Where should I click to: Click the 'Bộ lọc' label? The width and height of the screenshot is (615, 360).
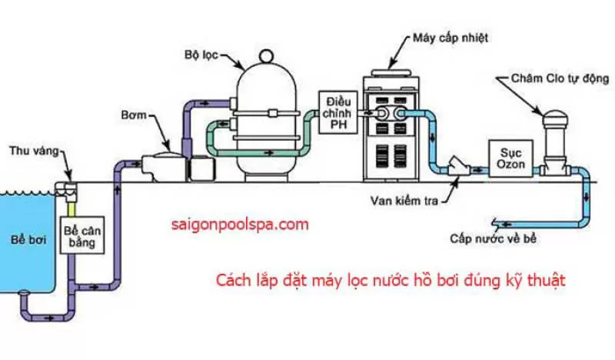(x=201, y=55)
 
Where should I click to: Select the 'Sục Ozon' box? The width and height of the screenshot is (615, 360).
(x=508, y=155)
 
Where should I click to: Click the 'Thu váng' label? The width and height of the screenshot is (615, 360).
(x=29, y=151)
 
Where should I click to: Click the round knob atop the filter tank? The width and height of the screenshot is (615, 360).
(x=265, y=57)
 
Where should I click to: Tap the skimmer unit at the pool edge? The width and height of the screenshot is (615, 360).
(x=67, y=187)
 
